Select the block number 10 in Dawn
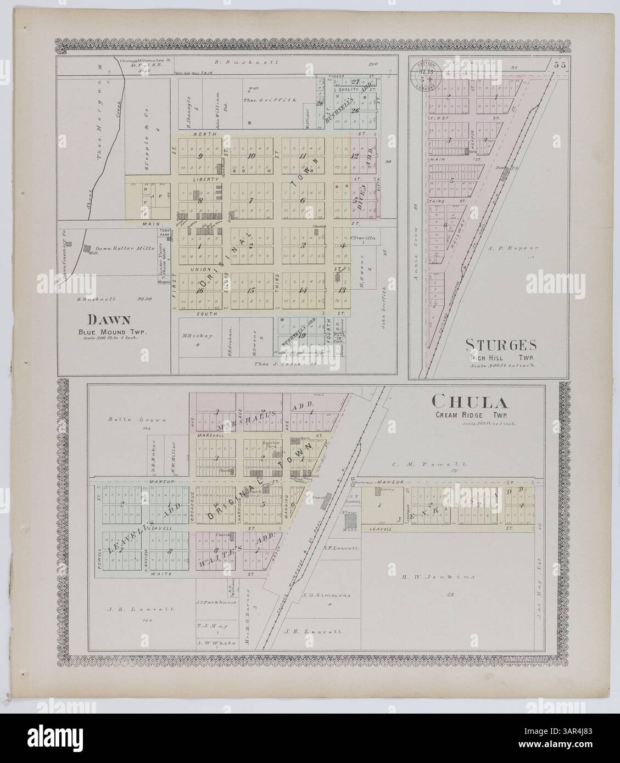pos(252,155)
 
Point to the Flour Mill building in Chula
pos(350,521)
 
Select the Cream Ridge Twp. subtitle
pos(487,416)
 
